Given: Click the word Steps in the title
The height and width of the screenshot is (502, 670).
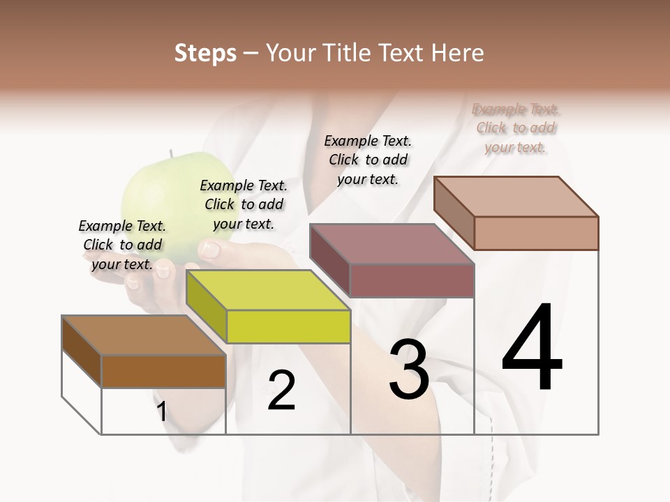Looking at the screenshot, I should coord(205,53).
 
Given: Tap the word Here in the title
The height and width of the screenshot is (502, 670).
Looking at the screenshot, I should coord(457,53).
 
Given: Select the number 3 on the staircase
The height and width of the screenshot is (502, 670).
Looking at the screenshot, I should coord(409,370).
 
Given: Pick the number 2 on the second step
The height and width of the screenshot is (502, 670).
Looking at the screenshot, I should coord(281,390).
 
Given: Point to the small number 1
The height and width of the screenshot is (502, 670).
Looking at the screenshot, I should coord(162,412).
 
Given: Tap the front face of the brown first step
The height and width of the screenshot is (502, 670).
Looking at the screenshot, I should coord(163,371).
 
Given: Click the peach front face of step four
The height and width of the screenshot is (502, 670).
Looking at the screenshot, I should coord(536,233).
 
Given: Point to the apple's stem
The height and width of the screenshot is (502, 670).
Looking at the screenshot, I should coord(170,153).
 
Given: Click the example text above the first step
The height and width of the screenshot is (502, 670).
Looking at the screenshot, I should coord(122,245).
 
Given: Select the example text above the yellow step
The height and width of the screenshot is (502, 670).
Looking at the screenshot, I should coord(244,204).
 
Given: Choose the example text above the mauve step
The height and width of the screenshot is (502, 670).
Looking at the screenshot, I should coord(368,160).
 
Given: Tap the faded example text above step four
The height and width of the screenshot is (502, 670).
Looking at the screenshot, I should coord(516,128).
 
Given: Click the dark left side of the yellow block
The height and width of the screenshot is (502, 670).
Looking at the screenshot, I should coord(207,307).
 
